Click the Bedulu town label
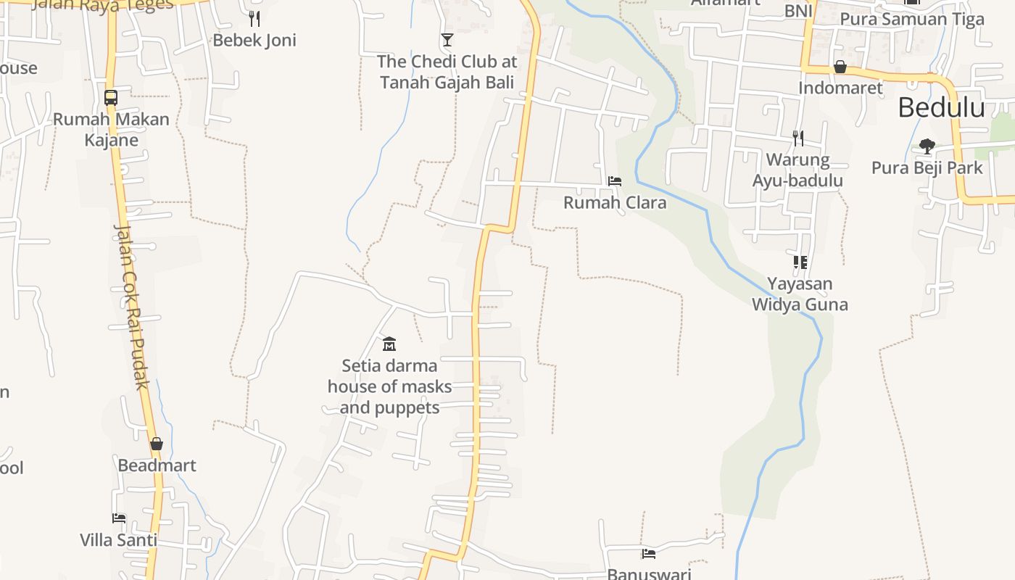click(941, 107)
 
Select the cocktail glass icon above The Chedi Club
click(447, 39)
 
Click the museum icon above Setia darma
click(389, 344)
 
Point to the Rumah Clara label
click(615, 202)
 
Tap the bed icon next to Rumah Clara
click(615, 181)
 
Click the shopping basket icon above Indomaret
click(840, 67)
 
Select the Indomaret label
click(840, 88)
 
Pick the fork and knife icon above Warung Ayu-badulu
click(798, 138)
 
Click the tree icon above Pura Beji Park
click(927, 146)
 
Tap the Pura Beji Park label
click(927, 168)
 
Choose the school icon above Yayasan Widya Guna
click(800, 262)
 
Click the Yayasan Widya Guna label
click(800, 294)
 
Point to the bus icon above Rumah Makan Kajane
click(111, 97)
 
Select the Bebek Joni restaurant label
click(254, 41)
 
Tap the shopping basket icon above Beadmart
click(157, 444)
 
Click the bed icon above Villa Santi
click(119, 518)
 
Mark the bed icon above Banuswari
click(649, 554)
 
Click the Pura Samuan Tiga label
click(912, 19)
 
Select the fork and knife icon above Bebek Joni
click(254, 18)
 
